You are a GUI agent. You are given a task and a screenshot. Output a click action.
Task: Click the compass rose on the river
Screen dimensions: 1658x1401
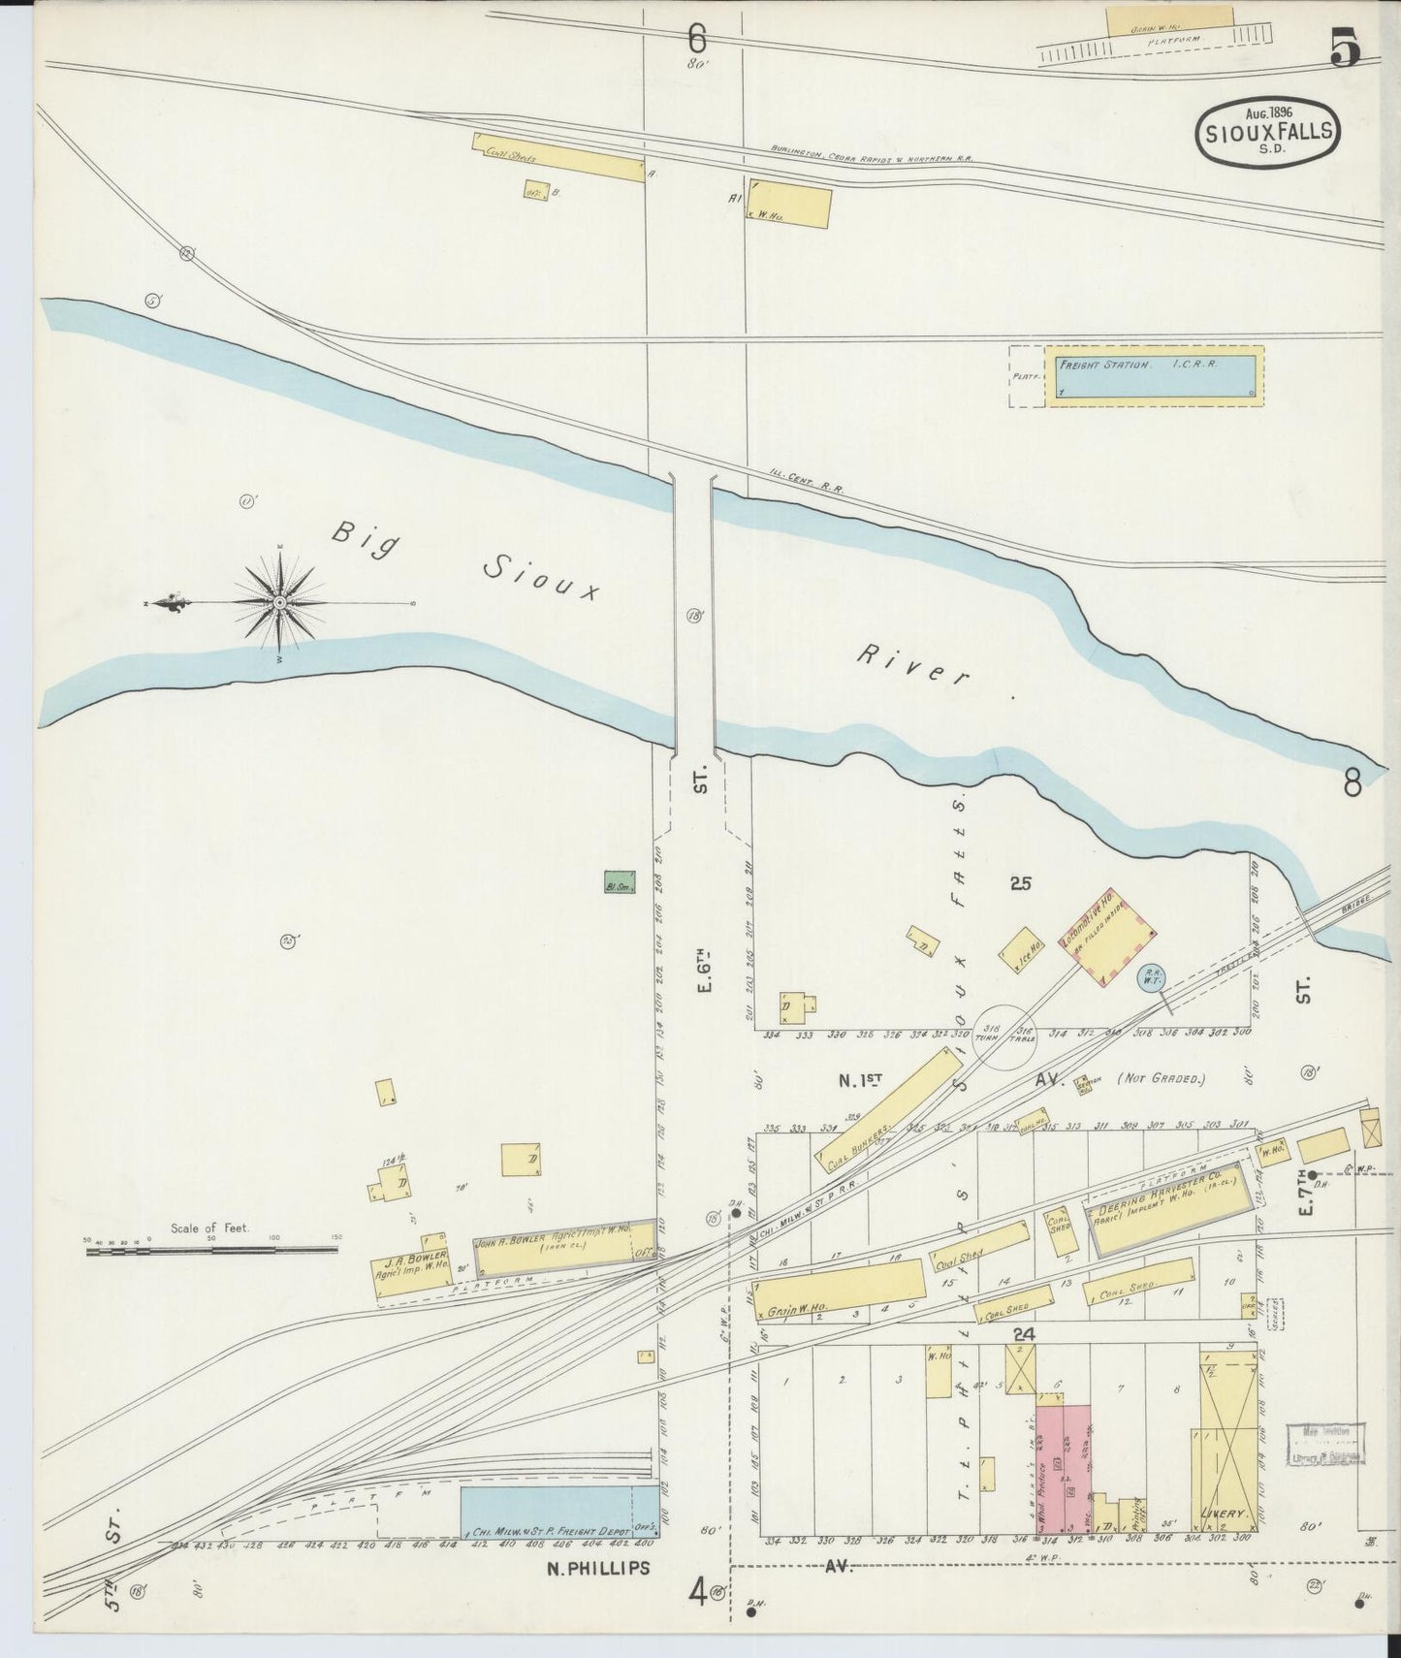click(279, 602)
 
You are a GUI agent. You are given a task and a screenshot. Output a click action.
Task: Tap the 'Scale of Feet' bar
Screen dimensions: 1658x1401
click(212, 1252)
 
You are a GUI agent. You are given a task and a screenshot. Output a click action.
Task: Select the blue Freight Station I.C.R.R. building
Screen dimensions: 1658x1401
click(1153, 376)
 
